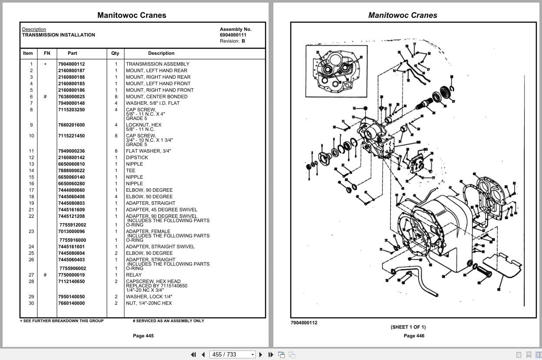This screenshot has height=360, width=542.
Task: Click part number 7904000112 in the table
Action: point(71,64)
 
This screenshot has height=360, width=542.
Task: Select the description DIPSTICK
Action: point(137,157)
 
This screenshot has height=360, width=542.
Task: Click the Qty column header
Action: point(115,53)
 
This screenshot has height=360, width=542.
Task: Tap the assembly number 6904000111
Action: point(233,35)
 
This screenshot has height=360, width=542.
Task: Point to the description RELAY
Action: point(133,275)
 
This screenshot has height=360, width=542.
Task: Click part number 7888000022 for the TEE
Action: point(71,170)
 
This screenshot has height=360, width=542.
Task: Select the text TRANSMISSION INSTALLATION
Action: point(58,35)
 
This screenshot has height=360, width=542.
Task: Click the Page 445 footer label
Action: point(143,336)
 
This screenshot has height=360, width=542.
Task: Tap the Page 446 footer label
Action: point(414,336)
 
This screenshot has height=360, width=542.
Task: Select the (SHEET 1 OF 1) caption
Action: point(408,327)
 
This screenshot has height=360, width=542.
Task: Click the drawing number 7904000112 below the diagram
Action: point(304,323)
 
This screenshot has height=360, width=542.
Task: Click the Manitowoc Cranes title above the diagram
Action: point(402,15)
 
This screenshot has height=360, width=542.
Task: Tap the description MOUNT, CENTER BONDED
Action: point(156,97)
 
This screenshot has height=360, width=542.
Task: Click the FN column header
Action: point(47,53)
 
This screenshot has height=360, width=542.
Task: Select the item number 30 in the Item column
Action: point(31,303)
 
